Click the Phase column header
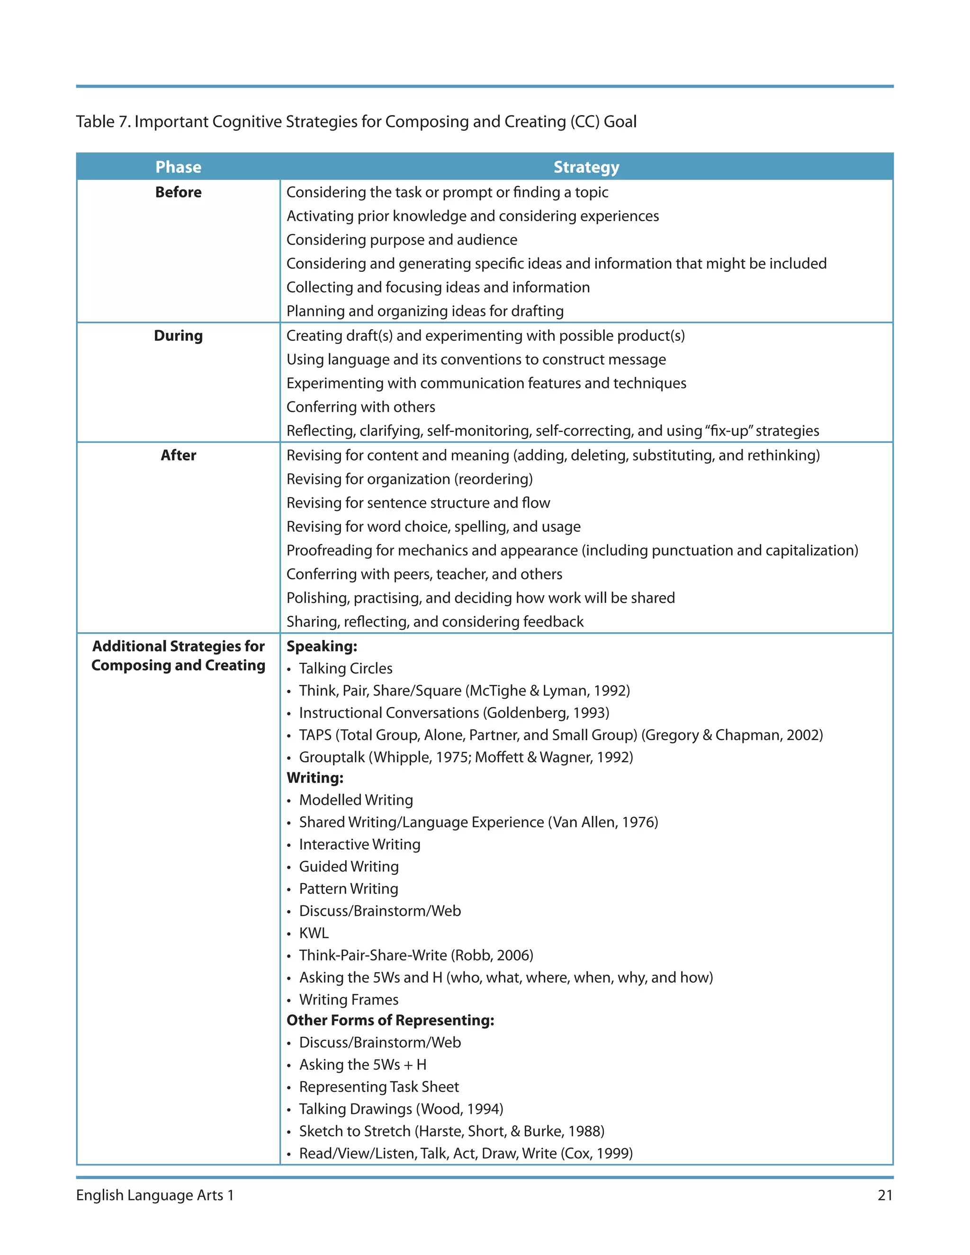point(178,167)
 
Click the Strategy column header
point(586,167)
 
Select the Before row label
point(178,192)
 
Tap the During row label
point(178,336)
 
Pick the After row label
point(178,455)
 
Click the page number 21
point(885,1195)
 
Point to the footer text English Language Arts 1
point(155,1195)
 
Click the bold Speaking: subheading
point(322,646)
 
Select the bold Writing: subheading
point(315,778)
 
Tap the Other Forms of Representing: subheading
point(390,1020)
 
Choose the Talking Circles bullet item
point(345,668)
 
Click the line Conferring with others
point(361,407)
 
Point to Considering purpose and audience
point(402,240)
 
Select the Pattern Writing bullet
point(348,888)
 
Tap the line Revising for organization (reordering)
point(409,479)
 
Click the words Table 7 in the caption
point(102,122)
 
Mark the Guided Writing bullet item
point(349,867)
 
